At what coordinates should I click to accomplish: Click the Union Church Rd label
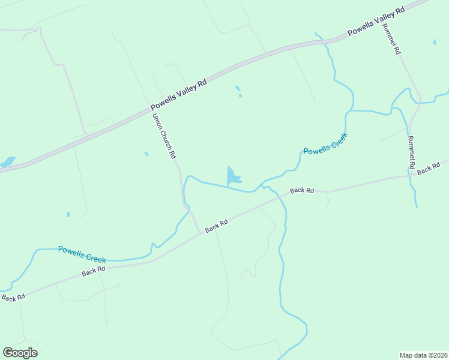click(x=164, y=136)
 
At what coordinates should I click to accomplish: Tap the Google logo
click(x=20, y=353)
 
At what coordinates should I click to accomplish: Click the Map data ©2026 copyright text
click(x=423, y=355)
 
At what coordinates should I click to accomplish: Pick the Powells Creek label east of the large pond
click(x=325, y=143)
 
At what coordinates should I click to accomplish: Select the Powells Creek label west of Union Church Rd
click(x=82, y=254)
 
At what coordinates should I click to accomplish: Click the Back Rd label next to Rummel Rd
click(x=429, y=170)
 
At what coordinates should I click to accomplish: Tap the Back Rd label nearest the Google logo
click(x=13, y=297)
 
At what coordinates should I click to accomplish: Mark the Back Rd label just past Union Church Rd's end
click(x=216, y=226)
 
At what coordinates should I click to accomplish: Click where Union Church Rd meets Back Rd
click(x=200, y=234)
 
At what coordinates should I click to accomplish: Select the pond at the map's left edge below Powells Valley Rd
click(x=7, y=163)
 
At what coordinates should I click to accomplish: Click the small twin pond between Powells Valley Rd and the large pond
click(x=238, y=92)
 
